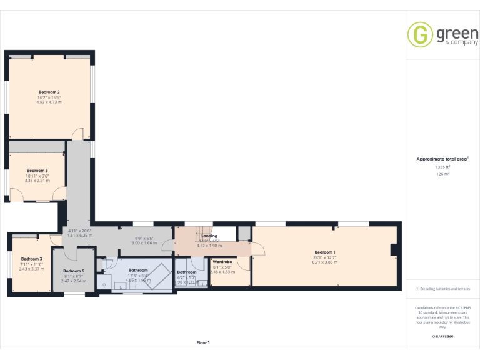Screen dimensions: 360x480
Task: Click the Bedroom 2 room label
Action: (x=49, y=91)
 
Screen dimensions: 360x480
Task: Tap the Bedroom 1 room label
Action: (x=324, y=252)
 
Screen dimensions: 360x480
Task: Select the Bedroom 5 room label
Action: (x=73, y=271)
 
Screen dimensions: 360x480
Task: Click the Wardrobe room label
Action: (x=222, y=262)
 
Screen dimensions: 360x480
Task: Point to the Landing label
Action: (x=209, y=236)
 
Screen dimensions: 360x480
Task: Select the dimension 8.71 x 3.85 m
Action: (x=324, y=262)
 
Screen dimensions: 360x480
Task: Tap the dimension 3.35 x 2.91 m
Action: (x=37, y=180)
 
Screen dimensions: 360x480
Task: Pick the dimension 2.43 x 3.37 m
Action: (x=31, y=269)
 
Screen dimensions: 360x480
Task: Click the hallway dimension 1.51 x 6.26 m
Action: (x=79, y=235)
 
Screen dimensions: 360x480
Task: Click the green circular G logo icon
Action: (x=420, y=34)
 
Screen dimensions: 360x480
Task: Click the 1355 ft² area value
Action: (x=442, y=167)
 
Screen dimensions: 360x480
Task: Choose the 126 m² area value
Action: (x=442, y=174)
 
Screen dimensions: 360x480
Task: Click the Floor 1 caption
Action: (x=203, y=342)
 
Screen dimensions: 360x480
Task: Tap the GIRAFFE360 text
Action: (x=442, y=337)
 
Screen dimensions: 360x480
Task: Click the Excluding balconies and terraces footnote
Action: (x=442, y=289)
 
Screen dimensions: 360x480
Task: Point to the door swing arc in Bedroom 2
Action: (x=77, y=133)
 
